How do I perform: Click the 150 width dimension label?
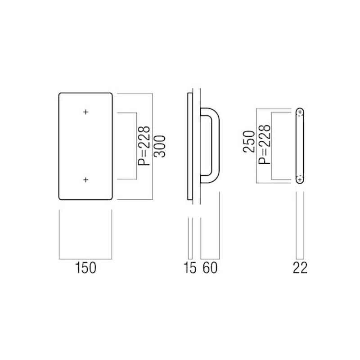(85, 268)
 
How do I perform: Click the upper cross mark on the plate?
(85, 112)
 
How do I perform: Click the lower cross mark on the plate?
(85, 180)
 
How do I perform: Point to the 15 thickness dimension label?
(190, 268)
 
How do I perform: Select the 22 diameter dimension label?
(300, 268)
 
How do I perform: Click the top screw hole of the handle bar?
(300, 112)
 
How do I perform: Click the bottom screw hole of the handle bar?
(300, 180)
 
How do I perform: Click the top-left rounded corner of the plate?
(62, 95)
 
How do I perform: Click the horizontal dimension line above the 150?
(85, 260)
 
